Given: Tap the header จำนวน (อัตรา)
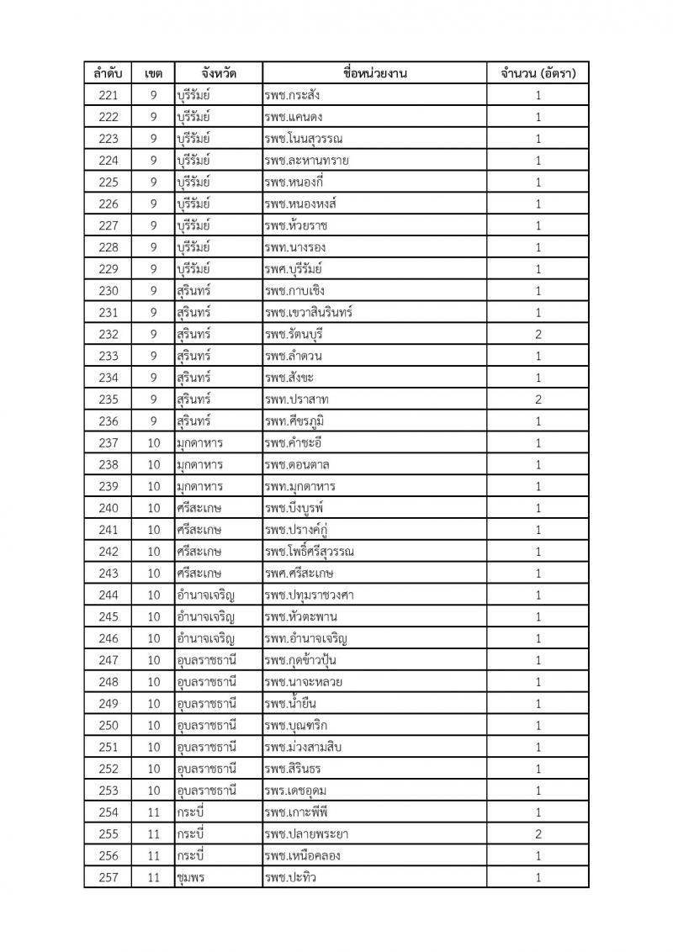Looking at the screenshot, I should click(x=538, y=73).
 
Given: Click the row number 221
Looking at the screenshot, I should click(x=109, y=95).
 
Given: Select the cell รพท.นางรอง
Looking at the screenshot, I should click(x=294, y=247).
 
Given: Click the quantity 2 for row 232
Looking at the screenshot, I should click(x=538, y=334).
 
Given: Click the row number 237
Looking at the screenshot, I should click(x=109, y=443).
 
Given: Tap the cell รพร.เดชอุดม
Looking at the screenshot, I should click(x=294, y=791).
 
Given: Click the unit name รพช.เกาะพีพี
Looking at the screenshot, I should click(x=294, y=812).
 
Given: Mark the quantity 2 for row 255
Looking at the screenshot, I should click(x=538, y=834).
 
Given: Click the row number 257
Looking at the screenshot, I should click(x=109, y=878).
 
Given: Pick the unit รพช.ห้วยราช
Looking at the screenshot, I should click(x=294, y=225).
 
